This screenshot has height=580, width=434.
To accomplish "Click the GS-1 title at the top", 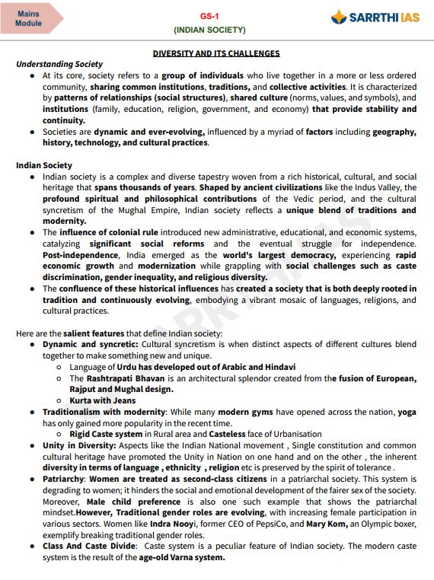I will pos(209,15).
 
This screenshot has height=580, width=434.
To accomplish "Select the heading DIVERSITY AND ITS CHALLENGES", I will pos(216,53).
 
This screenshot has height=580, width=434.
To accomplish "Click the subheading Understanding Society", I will pos(59,64).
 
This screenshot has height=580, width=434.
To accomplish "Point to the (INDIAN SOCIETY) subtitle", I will pos(209,30).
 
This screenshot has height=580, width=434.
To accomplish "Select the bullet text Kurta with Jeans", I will pos(103,400).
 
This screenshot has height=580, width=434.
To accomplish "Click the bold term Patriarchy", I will pos(64,480).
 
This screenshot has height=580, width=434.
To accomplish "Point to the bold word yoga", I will pos(407,412).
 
